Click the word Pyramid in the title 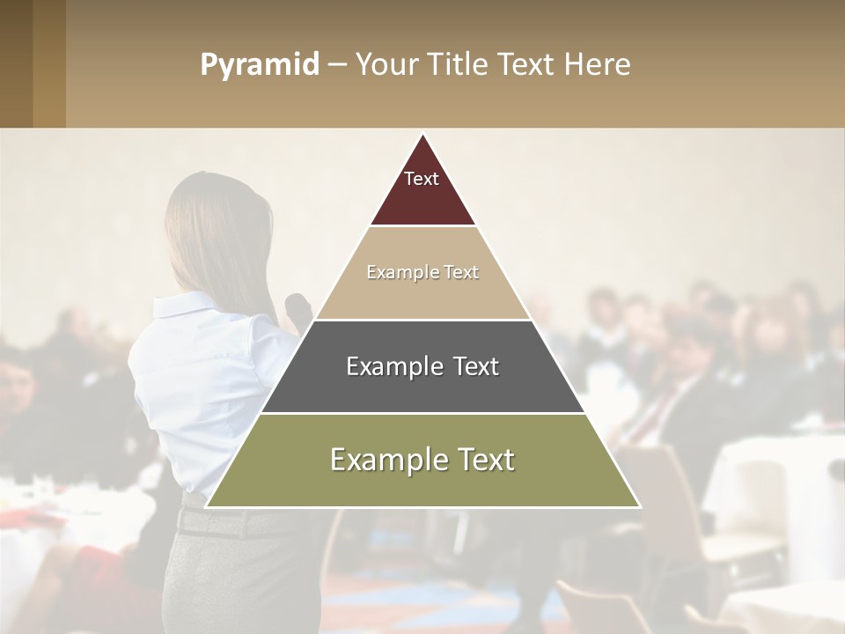click(259, 64)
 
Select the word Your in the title click(385, 64)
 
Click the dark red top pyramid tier click(422, 198)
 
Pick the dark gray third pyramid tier click(422, 387)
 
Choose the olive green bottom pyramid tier click(422, 484)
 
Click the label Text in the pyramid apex click(422, 179)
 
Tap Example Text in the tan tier click(422, 272)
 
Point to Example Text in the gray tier click(422, 366)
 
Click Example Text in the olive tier click(422, 460)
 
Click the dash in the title click(336, 64)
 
